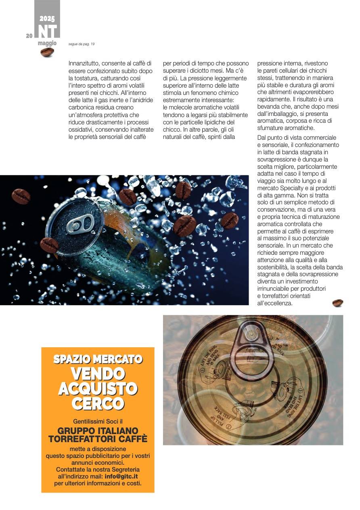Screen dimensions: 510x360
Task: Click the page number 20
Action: pyautogui.click(x=29, y=36)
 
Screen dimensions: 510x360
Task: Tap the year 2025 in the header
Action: pyautogui.click(x=47, y=19)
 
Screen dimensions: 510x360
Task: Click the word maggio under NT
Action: pyautogui.click(x=47, y=43)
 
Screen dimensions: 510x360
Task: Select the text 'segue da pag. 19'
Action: pyautogui.click(x=82, y=44)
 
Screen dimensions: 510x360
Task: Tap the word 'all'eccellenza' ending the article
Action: pyautogui.click(x=275, y=303)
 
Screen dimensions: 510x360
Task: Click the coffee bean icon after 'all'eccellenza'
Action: pyautogui.click(x=337, y=303)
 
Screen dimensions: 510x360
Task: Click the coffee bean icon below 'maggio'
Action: pyautogui.click(x=47, y=52)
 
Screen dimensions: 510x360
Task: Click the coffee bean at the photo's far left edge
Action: pyautogui.click(x=21, y=196)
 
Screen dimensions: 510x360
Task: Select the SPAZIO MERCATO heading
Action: pyautogui.click(x=98, y=359)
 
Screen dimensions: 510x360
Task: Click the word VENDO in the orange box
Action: pyautogui.click(x=98, y=374)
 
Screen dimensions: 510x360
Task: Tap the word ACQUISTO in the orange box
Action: pyautogui.click(x=98, y=388)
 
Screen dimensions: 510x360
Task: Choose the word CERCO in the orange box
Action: pyautogui.click(x=98, y=403)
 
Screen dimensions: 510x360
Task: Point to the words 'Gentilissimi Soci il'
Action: pyautogui.click(x=98, y=421)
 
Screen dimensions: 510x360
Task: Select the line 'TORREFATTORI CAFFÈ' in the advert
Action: pyautogui.click(x=98, y=439)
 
